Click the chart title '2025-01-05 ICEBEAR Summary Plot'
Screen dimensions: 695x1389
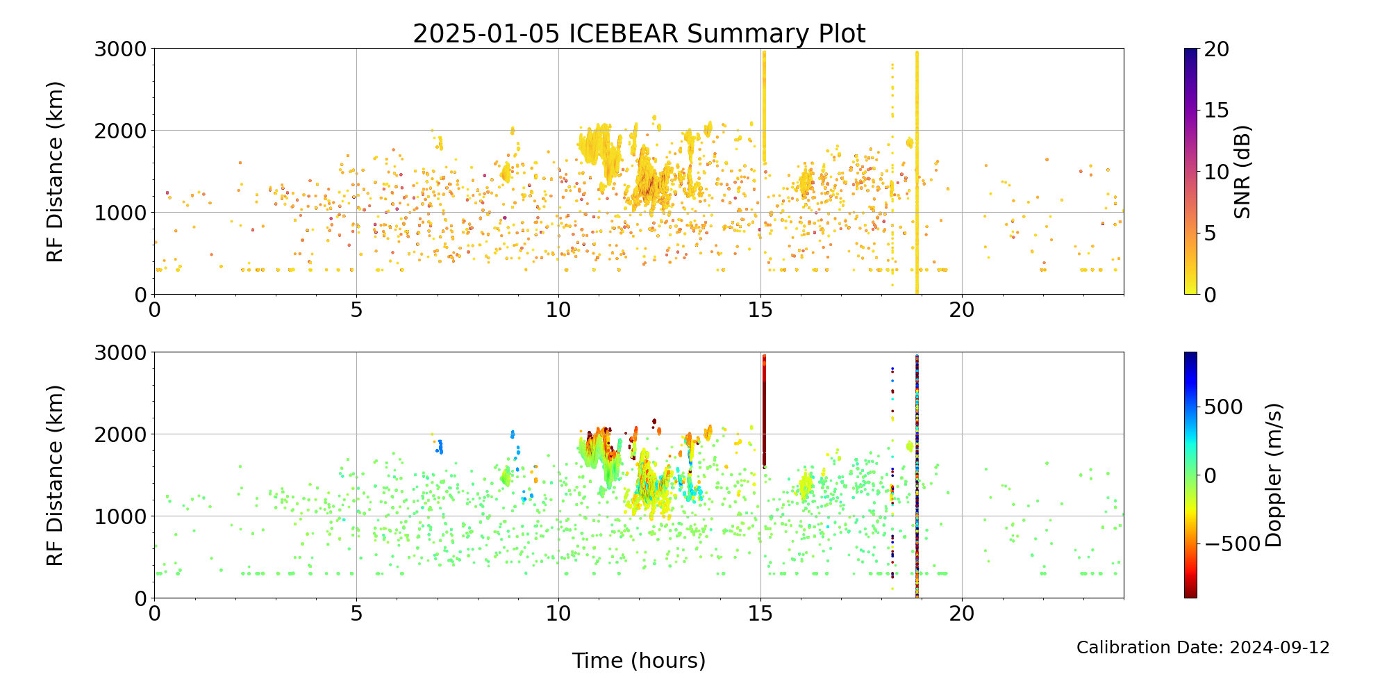point(639,33)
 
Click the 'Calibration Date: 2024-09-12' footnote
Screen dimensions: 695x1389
point(1203,648)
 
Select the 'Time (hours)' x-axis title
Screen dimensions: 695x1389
point(639,661)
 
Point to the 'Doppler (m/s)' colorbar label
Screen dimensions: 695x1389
point(1273,475)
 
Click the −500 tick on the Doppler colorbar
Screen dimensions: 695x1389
point(1231,544)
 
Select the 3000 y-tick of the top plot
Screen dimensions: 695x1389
point(120,49)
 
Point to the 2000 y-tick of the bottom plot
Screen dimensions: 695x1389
point(120,434)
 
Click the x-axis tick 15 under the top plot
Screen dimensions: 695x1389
point(760,310)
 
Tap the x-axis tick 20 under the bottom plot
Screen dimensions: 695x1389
point(962,614)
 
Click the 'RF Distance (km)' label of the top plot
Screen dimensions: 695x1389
point(55,172)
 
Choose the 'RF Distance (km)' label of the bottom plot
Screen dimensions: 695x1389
point(55,475)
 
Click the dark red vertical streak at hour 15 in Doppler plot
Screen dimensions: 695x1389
point(764,410)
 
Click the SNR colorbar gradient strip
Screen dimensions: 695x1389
point(1190,172)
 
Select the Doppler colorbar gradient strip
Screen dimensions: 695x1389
point(1190,475)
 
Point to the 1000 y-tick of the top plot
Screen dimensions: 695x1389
point(120,213)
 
